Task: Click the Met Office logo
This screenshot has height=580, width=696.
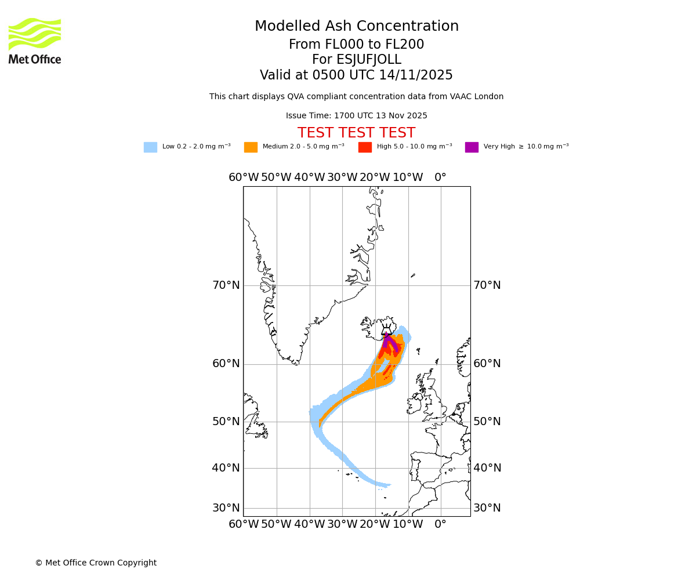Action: click(x=35, y=41)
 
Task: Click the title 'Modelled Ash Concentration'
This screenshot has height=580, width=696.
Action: click(x=357, y=27)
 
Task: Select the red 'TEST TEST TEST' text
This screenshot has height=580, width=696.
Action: click(x=356, y=133)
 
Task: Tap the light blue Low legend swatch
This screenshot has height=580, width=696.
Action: click(x=150, y=147)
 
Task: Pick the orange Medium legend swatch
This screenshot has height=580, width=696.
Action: click(x=251, y=147)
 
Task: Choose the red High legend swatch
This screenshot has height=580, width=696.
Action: click(x=365, y=147)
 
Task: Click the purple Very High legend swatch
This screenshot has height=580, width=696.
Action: click(x=472, y=147)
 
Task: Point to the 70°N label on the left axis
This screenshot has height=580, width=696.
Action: click(x=226, y=285)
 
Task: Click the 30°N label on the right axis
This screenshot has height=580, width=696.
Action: click(x=487, y=508)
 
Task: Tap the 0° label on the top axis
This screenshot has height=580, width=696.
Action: click(x=441, y=177)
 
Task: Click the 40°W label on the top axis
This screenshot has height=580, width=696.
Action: click(x=309, y=177)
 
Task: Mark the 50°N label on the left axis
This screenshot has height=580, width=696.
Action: click(x=226, y=422)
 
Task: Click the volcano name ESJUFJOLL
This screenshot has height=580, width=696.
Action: click(x=357, y=60)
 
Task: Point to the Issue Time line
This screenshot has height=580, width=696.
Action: click(x=357, y=116)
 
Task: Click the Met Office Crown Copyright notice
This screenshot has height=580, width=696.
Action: click(x=96, y=563)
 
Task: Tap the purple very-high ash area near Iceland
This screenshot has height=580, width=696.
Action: click(x=387, y=341)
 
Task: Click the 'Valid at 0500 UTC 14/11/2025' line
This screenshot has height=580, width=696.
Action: click(x=357, y=75)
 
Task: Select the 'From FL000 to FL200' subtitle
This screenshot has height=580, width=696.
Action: click(x=357, y=45)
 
